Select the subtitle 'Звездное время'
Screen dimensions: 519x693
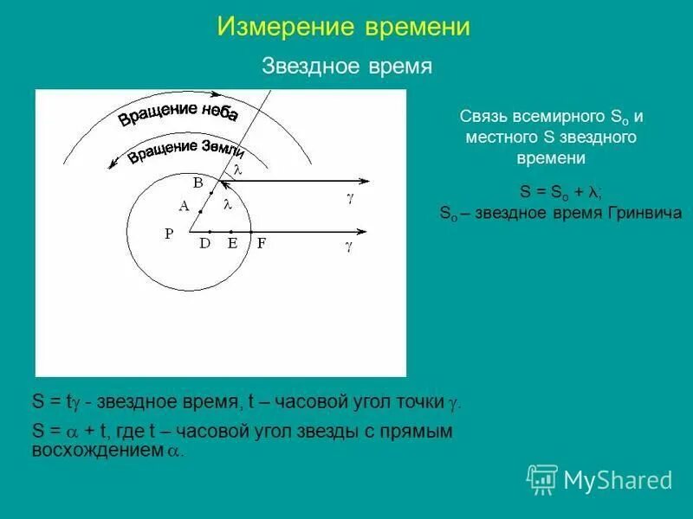[x=346, y=67]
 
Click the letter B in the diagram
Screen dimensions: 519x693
[x=198, y=183]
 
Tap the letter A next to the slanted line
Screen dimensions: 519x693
[x=184, y=206]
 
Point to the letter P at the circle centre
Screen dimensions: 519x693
[x=169, y=233]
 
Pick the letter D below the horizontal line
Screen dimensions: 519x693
[x=205, y=244]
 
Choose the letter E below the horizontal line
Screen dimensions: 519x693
[x=232, y=244]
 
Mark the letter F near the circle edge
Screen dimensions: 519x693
[x=261, y=244]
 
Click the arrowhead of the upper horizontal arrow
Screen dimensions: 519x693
[x=364, y=182]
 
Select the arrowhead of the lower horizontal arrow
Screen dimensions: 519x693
[x=364, y=232]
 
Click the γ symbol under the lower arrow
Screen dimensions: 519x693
[x=349, y=247]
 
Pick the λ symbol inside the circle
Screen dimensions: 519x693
[x=227, y=205]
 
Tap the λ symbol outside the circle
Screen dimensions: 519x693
[x=236, y=171]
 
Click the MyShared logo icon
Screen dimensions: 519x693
[x=542, y=478]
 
